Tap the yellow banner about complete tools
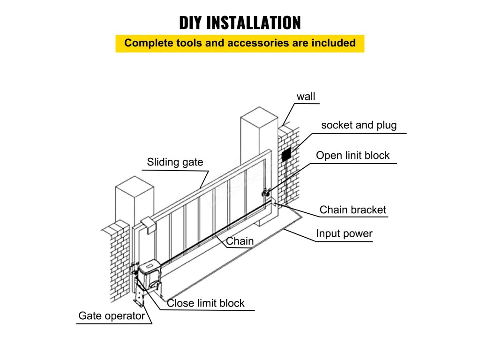click(240, 43)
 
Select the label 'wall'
click(306, 97)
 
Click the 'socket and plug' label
click(359, 125)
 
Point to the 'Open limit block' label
click(352, 156)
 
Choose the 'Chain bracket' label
click(352, 210)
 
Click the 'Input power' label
click(344, 233)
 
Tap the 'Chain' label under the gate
click(240, 241)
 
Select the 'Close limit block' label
click(206, 303)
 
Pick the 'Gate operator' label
click(112, 316)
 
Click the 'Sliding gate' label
click(175, 163)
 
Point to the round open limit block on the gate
click(265, 192)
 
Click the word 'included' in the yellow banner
click(333, 43)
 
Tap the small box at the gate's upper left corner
click(148, 225)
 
